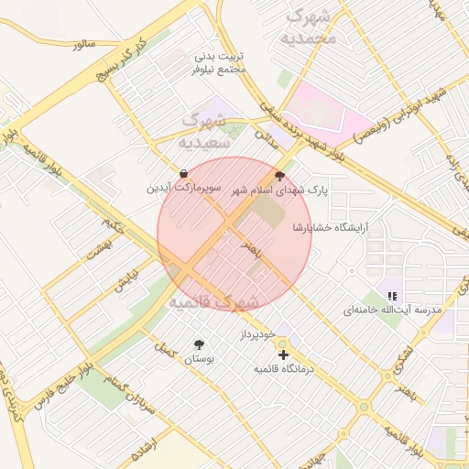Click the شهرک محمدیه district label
tap(311, 27)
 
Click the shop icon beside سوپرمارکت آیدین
tap(183, 173)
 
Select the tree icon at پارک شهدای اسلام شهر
tap(279, 175)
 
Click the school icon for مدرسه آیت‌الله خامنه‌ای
tap(392, 295)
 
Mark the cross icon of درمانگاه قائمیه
tap(283, 354)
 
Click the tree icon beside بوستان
tap(199, 344)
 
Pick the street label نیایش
tap(124, 280)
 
